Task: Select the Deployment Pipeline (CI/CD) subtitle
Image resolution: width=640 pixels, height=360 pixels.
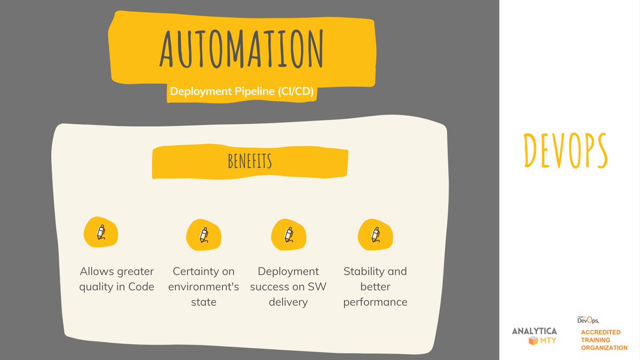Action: [x=241, y=91]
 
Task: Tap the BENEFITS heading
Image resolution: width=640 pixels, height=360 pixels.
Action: [x=250, y=162]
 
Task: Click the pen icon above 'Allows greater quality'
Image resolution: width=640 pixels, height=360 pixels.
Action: [x=100, y=233]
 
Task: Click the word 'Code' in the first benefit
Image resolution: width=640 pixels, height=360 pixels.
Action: [x=140, y=287]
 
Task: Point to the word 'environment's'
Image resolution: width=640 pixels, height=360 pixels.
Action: [x=204, y=287]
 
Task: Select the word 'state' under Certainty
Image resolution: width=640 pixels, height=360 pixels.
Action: [x=204, y=302]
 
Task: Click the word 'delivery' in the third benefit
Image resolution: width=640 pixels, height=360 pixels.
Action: [x=289, y=302]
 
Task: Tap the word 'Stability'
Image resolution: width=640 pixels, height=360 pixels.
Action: [x=365, y=271]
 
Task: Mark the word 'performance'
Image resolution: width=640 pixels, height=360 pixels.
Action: [x=375, y=302]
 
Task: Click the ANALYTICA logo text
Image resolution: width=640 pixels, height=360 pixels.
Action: [x=534, y=331]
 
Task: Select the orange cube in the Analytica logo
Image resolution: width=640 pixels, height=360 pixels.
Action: [x=532, y=341]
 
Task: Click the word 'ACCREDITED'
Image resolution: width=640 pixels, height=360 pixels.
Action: [x=601, y=332]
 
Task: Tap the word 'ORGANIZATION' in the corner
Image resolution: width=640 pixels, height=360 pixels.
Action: [x=604, y=348]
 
